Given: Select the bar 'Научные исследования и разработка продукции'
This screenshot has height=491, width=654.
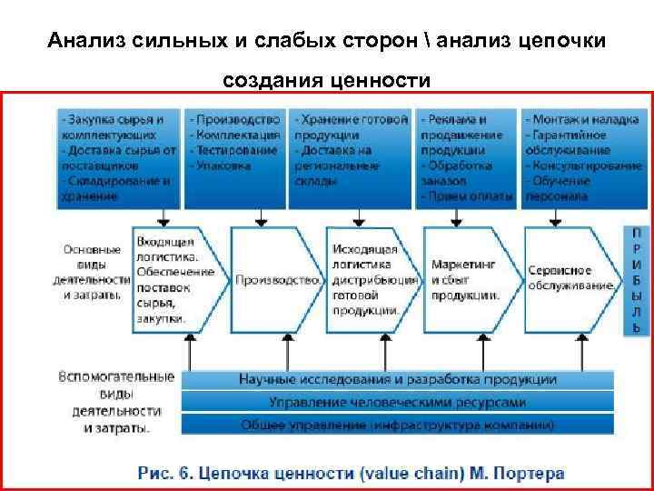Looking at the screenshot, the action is point(398,378).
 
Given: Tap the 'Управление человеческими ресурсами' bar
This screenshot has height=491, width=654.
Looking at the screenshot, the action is point(398,401).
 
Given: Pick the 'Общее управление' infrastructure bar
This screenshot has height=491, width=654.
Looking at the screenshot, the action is point(398,424).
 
